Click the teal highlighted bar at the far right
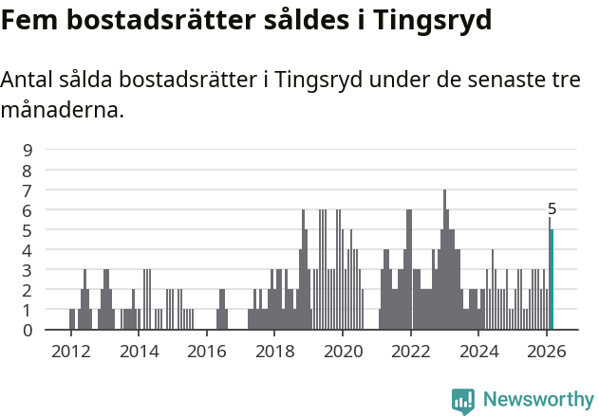pos(552,280)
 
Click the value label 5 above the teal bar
pos(552,208)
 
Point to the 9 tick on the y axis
pos(28,150)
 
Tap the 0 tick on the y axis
pos(28,330)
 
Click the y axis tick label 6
pos(28,209)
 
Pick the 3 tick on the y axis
pos(28,270)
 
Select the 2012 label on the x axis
pos(70,351)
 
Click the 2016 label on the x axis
pos(206,351)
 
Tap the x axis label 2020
pos(343,351)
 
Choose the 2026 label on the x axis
pos(547,351)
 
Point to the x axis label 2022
pos(411,351)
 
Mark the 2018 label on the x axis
pos(274,351)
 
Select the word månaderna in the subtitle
pos(63,111)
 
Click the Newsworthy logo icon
pos(463,401)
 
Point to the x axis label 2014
pos(139,351)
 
